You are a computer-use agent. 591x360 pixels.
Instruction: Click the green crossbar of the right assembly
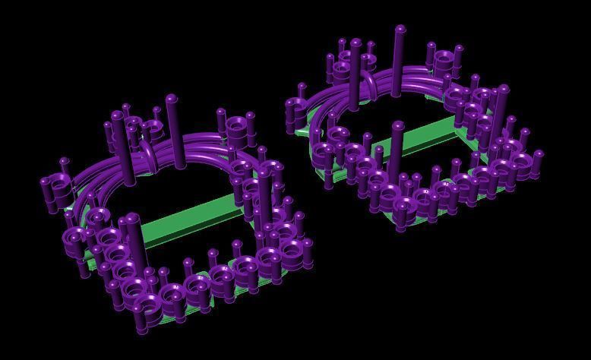click(x=425, y=134)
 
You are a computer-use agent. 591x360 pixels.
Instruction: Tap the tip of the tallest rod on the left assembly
click(x=171, y=99)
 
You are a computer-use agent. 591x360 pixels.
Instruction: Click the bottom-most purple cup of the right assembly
click(x=402, y=216)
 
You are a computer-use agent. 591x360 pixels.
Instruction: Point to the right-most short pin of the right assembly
click(x=537, y=156)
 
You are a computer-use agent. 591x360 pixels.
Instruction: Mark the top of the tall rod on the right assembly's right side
click(x=502, y=90)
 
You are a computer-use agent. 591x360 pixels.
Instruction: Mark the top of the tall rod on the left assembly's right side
click(x=264, y=175)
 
